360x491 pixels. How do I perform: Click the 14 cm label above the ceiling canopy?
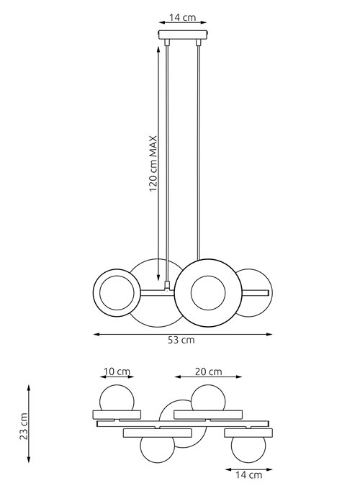(183, 17)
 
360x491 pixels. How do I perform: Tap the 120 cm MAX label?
(153, 163)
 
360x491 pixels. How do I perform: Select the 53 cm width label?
(181, 340)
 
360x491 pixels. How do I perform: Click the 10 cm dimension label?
(117, 371)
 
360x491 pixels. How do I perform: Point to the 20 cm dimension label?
(209, 371)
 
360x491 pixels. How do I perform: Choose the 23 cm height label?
(24, 426)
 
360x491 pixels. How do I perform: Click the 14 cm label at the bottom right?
(248, 475)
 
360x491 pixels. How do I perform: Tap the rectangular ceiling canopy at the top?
(183, 35)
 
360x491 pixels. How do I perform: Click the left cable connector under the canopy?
(167, 42)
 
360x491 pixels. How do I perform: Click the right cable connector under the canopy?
(198, 42)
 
